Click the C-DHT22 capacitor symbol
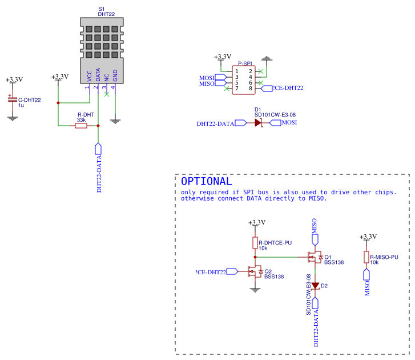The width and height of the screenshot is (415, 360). [13, 100]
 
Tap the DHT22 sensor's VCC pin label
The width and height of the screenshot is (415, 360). [89, 77]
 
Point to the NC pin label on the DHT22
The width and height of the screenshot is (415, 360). [107, 78]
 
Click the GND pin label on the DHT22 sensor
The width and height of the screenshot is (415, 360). [115, 76]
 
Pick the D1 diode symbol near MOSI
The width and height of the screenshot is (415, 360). [259, 123]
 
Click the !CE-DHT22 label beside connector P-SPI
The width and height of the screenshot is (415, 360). [288, 88]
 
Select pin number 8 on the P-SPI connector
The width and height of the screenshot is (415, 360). [251, 88]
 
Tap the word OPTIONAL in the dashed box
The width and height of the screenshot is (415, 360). [206, 181]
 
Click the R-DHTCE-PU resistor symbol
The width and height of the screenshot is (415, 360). [256, 243]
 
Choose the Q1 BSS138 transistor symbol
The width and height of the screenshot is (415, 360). [315, 258]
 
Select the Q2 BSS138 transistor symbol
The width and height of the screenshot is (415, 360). [255, 271]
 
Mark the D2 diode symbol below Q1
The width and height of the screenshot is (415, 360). [315, 285]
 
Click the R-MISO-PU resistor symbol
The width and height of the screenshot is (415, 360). [367, 257]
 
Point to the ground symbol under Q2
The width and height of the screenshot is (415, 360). [255, 289]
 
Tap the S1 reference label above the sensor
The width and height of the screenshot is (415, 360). [102, 9]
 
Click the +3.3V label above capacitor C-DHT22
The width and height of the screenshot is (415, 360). [14, 80]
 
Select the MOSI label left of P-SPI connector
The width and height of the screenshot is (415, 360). [207, 78]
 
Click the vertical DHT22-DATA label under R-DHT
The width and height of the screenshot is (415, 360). [99, 174]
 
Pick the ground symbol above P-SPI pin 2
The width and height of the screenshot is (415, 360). [266, 59]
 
